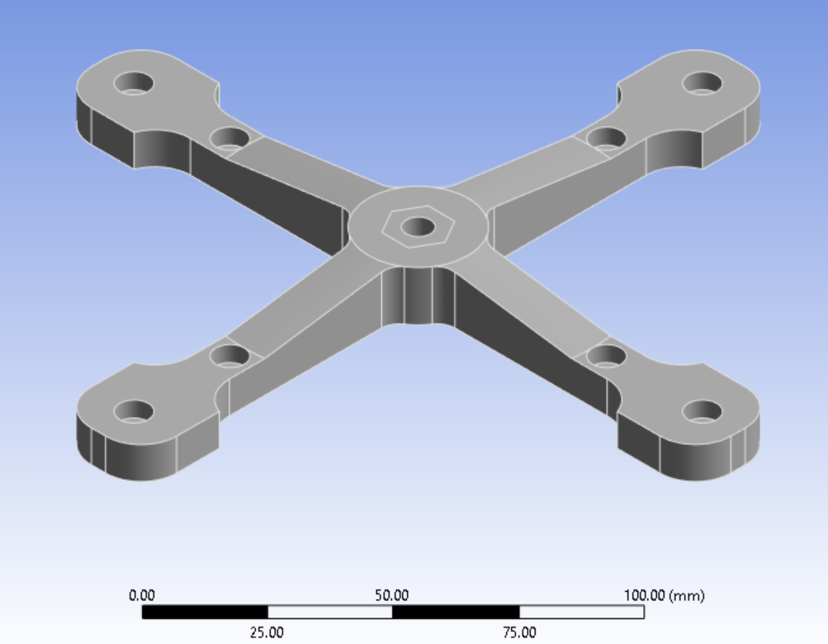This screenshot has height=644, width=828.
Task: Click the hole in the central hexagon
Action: (x=419, y=226)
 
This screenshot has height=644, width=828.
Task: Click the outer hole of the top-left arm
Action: (x=134, y=83)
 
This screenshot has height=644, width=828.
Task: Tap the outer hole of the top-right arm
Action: (x=703, y=83)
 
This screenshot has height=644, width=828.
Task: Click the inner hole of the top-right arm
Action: (x=606, y=137)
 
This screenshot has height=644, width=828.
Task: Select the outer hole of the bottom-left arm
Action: (x=134, y=411)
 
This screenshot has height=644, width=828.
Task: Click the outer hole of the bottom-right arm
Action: (x=703, y=411)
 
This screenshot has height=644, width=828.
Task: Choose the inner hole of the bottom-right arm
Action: (x=606, y=357)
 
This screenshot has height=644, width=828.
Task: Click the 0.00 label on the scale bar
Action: (x=141, y=595)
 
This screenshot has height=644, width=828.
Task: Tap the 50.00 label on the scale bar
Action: (x=391, y=595)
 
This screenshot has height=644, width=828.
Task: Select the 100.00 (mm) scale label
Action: (x=664, y=595)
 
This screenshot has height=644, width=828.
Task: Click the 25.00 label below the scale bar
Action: (x=267, y=632)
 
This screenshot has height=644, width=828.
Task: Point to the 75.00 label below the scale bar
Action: (x=518, y=632)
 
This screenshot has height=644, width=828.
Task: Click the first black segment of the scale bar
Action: (x=205, y=612)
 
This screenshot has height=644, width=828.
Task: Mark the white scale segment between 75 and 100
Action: (x=581, y=612)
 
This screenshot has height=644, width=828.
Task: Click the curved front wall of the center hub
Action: (x=418, y=295)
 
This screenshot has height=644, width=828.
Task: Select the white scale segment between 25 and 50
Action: (x=329, y=612)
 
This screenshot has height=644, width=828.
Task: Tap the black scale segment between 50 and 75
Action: (x=456, y=612)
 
